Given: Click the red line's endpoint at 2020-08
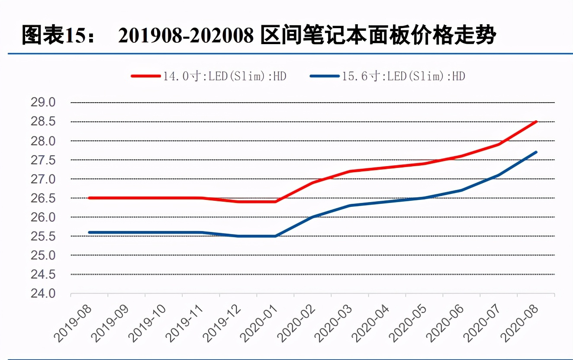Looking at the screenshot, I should click(536, 122).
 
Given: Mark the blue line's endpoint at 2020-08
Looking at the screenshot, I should click(536, 152).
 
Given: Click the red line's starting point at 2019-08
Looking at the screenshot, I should click(89, 198).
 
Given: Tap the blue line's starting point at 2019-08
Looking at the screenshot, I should click(89, 232).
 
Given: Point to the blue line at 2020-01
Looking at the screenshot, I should click(275, 236).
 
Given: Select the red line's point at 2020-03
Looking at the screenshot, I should click(350, 171).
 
